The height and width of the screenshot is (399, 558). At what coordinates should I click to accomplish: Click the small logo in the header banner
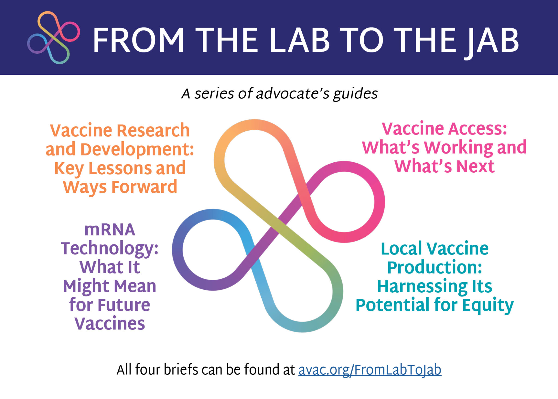coord(53,38)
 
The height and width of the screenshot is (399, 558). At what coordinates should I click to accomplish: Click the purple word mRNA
coord(110,230)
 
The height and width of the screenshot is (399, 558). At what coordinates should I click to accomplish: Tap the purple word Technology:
coord(110,249)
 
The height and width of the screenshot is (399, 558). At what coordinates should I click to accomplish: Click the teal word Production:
coord(435,267)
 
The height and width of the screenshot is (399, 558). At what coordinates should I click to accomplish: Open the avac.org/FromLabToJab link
coord(370,370)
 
